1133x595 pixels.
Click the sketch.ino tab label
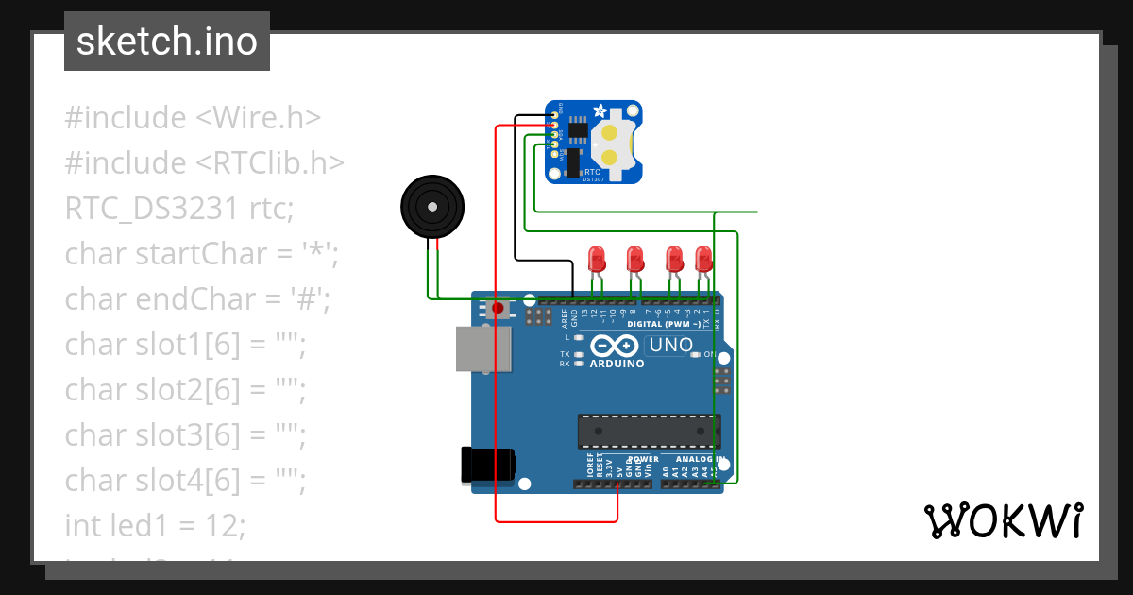tap(167, 42)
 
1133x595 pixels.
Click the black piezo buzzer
tap(432, 205)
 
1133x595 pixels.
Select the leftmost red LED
tap(596, 258)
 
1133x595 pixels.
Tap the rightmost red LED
tap(703, 258)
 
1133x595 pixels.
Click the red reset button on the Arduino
tap(498, 308)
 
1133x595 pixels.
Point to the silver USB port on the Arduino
tap(484, 349)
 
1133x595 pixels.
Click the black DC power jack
tap(488, 463)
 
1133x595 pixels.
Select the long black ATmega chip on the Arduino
tap(649, 431)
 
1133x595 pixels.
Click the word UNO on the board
tap(670, 346)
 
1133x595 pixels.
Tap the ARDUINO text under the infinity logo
tap(617, 364)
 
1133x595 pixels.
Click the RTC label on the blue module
tap(593, 173)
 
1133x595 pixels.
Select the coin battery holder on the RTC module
tap(611, 144)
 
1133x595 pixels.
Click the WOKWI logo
tap(1003, 520)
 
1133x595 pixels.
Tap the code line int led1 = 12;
tap(155, 525)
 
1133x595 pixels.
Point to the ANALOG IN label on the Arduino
tap(700, 459)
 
